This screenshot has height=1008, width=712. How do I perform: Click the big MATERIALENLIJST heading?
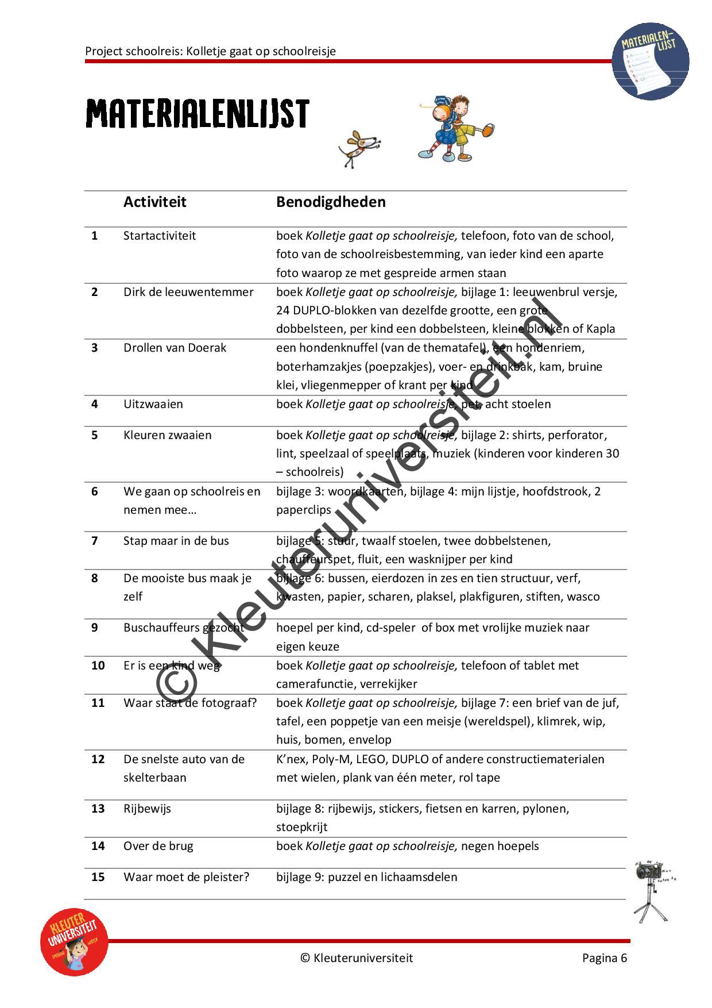(198, 114)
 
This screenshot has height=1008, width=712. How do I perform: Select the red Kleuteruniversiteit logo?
(74, 942)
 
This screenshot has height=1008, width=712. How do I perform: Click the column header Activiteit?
(154, 202)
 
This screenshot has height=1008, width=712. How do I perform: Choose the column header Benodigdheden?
(331, 202)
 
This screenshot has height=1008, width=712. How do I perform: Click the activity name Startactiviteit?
(160, 236)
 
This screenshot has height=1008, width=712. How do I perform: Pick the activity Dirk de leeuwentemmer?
(188, 292)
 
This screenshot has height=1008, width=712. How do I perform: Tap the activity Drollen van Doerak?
(175, 348)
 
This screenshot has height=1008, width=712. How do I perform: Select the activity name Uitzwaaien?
(153, 404)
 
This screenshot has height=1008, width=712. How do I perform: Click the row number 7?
(95, 541)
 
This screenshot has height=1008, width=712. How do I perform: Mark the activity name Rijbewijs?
(147, 809)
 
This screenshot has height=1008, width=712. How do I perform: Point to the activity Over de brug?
(158, 846)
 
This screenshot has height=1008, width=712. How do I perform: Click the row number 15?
(98, 877)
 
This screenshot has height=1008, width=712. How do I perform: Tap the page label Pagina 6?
(604, 957)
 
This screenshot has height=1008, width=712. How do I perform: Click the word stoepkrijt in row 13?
(301, 827)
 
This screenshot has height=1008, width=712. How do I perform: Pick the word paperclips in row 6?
(304, 510)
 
